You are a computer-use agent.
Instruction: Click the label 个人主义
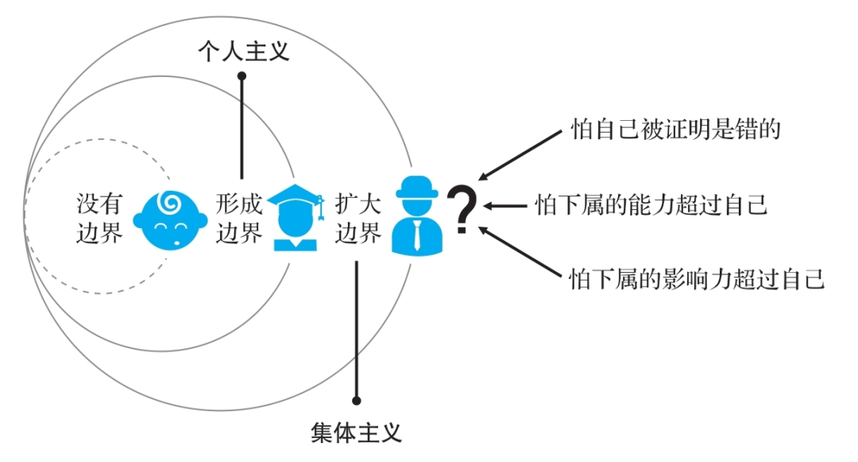pos(243,52)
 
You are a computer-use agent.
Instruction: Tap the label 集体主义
pos(356,433)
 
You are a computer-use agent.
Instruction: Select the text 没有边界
pos(99,218)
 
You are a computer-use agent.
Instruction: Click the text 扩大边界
pos(358,218)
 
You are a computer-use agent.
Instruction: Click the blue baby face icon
pos(168,219)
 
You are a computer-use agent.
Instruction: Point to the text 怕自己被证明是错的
pos(676,129)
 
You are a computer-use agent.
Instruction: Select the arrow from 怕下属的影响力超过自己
pos(520,252)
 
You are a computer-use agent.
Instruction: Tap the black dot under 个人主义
pos(242,76)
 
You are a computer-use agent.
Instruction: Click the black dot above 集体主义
pos(357,401)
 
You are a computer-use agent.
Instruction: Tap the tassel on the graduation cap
pos(320,208)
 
